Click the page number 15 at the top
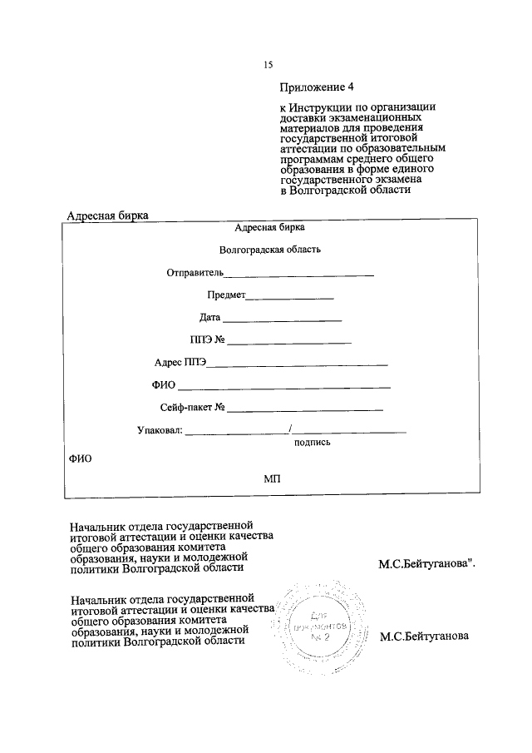coord(268,65)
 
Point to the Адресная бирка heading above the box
coord(107,216)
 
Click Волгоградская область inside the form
coord(269,249)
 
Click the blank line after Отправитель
coord(299,274)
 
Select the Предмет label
coord(226,295)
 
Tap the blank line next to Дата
coord(283,320)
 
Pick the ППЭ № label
coord(208,339)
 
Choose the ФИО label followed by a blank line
coord(164,385)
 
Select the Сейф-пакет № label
coord(194,408)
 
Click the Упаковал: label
coord(159,430)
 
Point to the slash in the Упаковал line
coord(289,429)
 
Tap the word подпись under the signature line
coord(313,443)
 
